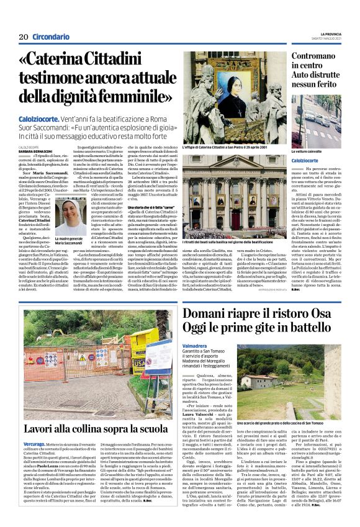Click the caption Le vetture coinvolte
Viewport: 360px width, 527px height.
tap(307, 151)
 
